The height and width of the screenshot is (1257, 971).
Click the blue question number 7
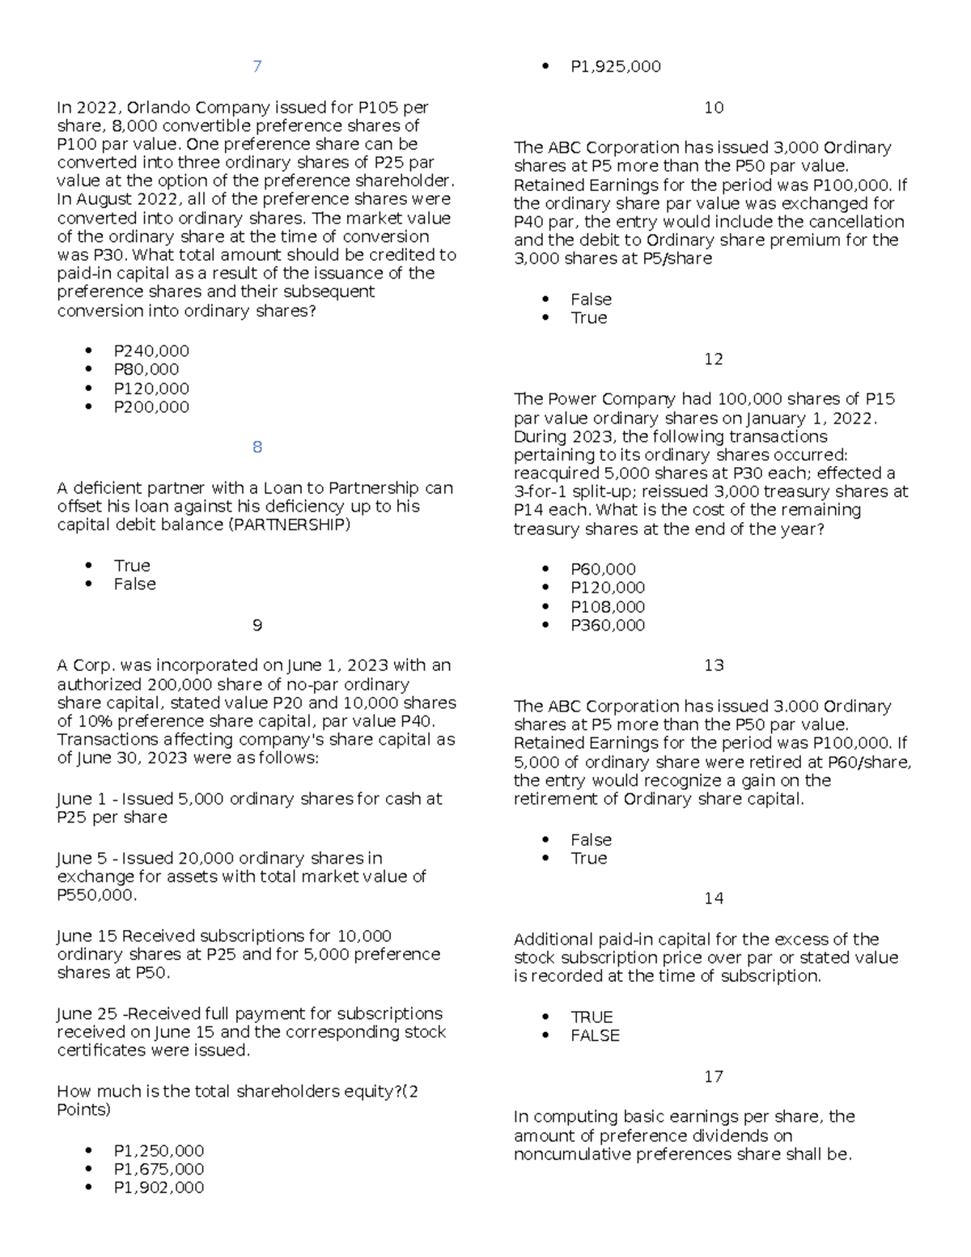coord(257,66)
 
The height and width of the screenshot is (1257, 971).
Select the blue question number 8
coord(257,447)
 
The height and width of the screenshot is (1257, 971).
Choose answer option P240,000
coord(151,351)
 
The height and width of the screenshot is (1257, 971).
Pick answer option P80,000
coord(146,369)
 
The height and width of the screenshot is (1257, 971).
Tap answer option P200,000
coord(151,407)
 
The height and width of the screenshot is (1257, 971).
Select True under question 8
coord(132,566)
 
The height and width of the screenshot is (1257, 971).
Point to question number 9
coord(257,625)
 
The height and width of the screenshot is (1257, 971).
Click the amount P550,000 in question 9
coord(95,895)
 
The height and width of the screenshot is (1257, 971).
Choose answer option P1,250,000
coord(159,1151)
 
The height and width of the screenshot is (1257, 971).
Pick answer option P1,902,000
coord(159,1187)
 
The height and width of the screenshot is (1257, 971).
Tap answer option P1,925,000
coord(615,66)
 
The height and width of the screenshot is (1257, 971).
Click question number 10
coord(713,108)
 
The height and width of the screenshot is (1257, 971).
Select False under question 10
coord(591,299)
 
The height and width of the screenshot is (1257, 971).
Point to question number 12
coord(713,359)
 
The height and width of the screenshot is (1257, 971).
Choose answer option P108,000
coord(608,607)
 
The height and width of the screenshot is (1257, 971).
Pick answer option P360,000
coord(608,625)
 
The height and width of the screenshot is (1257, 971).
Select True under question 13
coord(588,858)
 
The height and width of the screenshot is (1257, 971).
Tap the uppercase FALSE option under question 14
coord(595,1035)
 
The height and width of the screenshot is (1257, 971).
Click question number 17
coord(713,1077)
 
